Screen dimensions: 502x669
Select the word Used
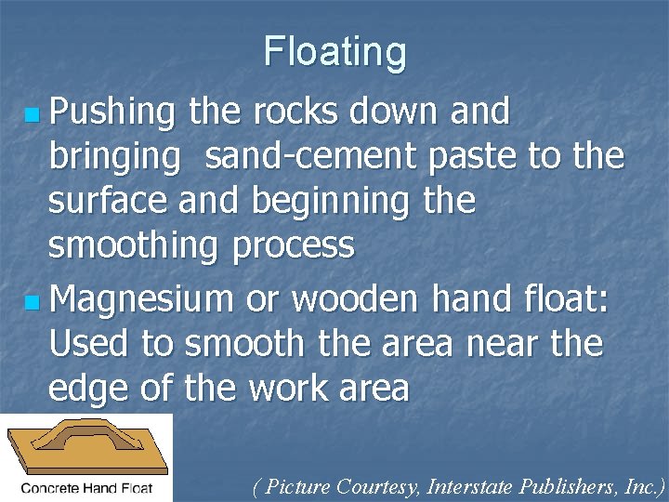[89, 345]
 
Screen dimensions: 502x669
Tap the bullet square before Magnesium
[33, 303]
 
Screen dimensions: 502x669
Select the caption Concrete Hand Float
[86, 486]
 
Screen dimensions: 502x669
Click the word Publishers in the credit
[557, 486]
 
